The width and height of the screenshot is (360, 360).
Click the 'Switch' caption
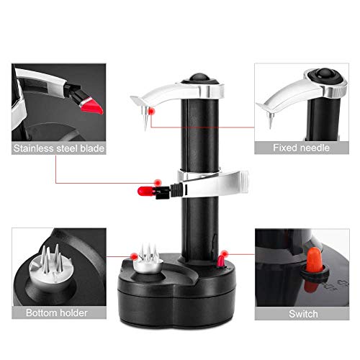(302, 312)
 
